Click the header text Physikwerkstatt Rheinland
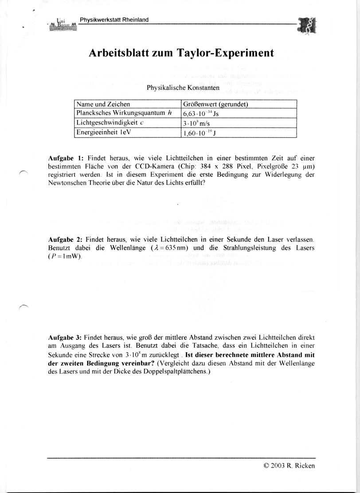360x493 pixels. click(x=114, y=20)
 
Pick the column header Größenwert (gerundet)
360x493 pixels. click(x=215, y=105)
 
